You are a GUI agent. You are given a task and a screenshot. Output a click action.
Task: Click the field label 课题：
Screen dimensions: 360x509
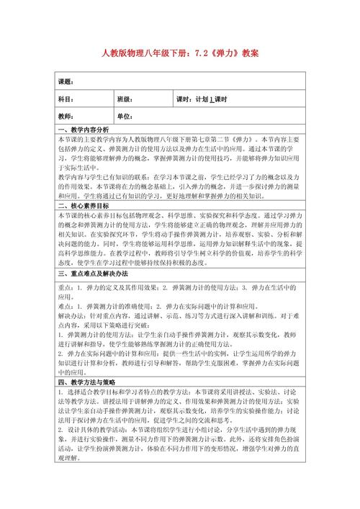(x=67, y=81)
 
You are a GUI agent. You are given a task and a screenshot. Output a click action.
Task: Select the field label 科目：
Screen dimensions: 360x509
(x=67, y=99)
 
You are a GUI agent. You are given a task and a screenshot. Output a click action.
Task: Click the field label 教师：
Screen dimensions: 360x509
(x=67, y=116)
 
